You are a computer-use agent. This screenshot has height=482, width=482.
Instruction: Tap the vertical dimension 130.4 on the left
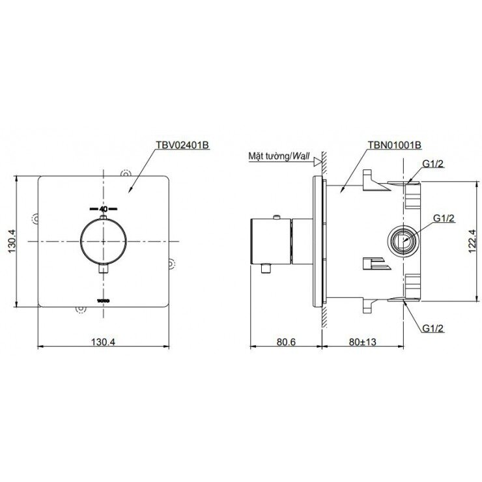[11, 241]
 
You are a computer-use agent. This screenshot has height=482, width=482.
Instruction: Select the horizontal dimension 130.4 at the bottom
[104, 340]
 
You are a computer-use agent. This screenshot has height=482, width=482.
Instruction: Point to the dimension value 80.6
[285, 340]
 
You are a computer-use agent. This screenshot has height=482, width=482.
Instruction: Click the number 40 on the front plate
[104, 209]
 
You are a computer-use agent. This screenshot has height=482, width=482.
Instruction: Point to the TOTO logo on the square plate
[104, 300]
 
